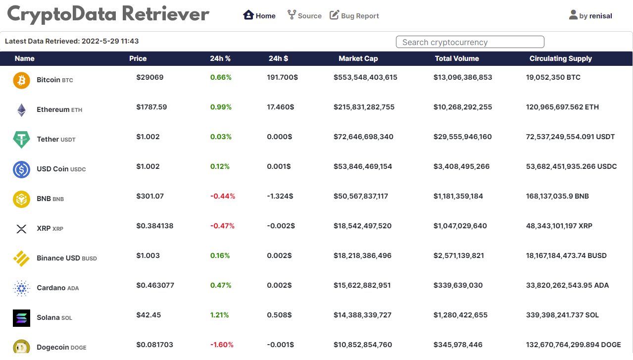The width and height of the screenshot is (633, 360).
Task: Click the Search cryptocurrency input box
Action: coord(470,42)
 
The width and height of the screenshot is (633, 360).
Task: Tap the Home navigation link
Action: coord(259,15)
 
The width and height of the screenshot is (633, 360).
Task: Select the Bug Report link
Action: coord(354,15)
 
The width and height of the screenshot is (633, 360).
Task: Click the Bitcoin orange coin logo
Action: coord(21,80)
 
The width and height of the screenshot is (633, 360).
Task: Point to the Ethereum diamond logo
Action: coord(21,109)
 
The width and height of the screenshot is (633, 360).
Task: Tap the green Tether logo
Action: coord(21,139)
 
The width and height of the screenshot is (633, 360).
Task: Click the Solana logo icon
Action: coord(21,317)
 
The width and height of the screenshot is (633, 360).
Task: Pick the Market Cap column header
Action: coord(358,58)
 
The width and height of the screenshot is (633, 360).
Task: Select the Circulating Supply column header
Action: coord(560,58)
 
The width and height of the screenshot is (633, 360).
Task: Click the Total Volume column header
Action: coord(456,58)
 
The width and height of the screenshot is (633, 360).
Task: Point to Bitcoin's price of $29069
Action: coord(149,77)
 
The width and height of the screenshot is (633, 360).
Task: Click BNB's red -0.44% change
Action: coord(222,196)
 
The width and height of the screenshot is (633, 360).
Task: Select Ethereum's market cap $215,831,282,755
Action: coord(364,107)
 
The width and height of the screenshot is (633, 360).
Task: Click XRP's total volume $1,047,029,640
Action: coord(460,226)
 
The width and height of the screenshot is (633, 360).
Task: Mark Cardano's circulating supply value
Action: coord(567,285)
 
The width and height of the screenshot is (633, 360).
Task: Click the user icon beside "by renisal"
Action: coord(573,15)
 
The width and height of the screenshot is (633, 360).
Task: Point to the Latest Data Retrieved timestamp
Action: coord(72,41)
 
